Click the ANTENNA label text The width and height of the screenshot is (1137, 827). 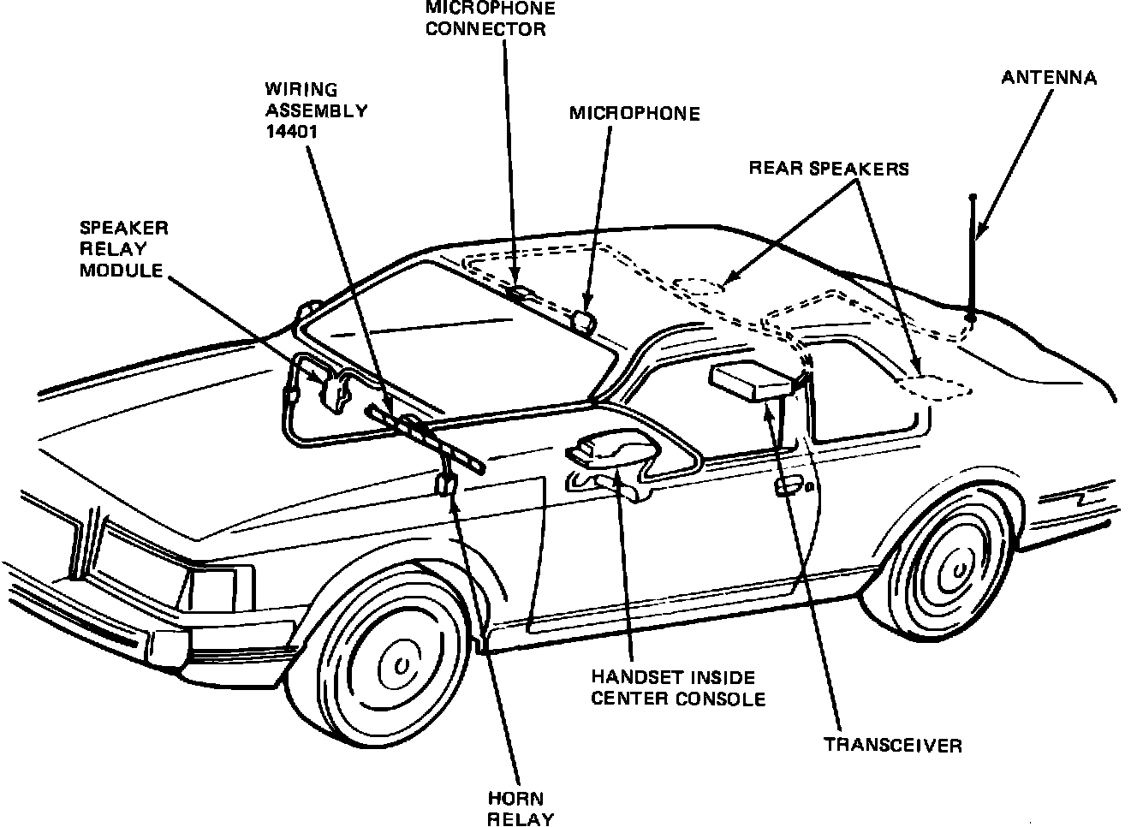pyautogui.click(x=1049, y=78)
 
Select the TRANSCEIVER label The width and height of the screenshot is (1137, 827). pyautogui.click(x=893, y=744)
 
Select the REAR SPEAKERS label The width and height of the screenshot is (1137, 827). pyautogui.click(x=829, y=169)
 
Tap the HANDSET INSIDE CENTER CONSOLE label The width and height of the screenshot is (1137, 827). pyautogui.click(x=678, y=687)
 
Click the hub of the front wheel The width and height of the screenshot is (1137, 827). pyautogui.click(x=399, y=665)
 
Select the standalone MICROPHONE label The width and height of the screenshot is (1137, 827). pyautogui.click(x=634, y=113)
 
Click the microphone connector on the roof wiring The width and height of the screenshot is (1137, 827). pyautogui.click(x=520, y=294)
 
